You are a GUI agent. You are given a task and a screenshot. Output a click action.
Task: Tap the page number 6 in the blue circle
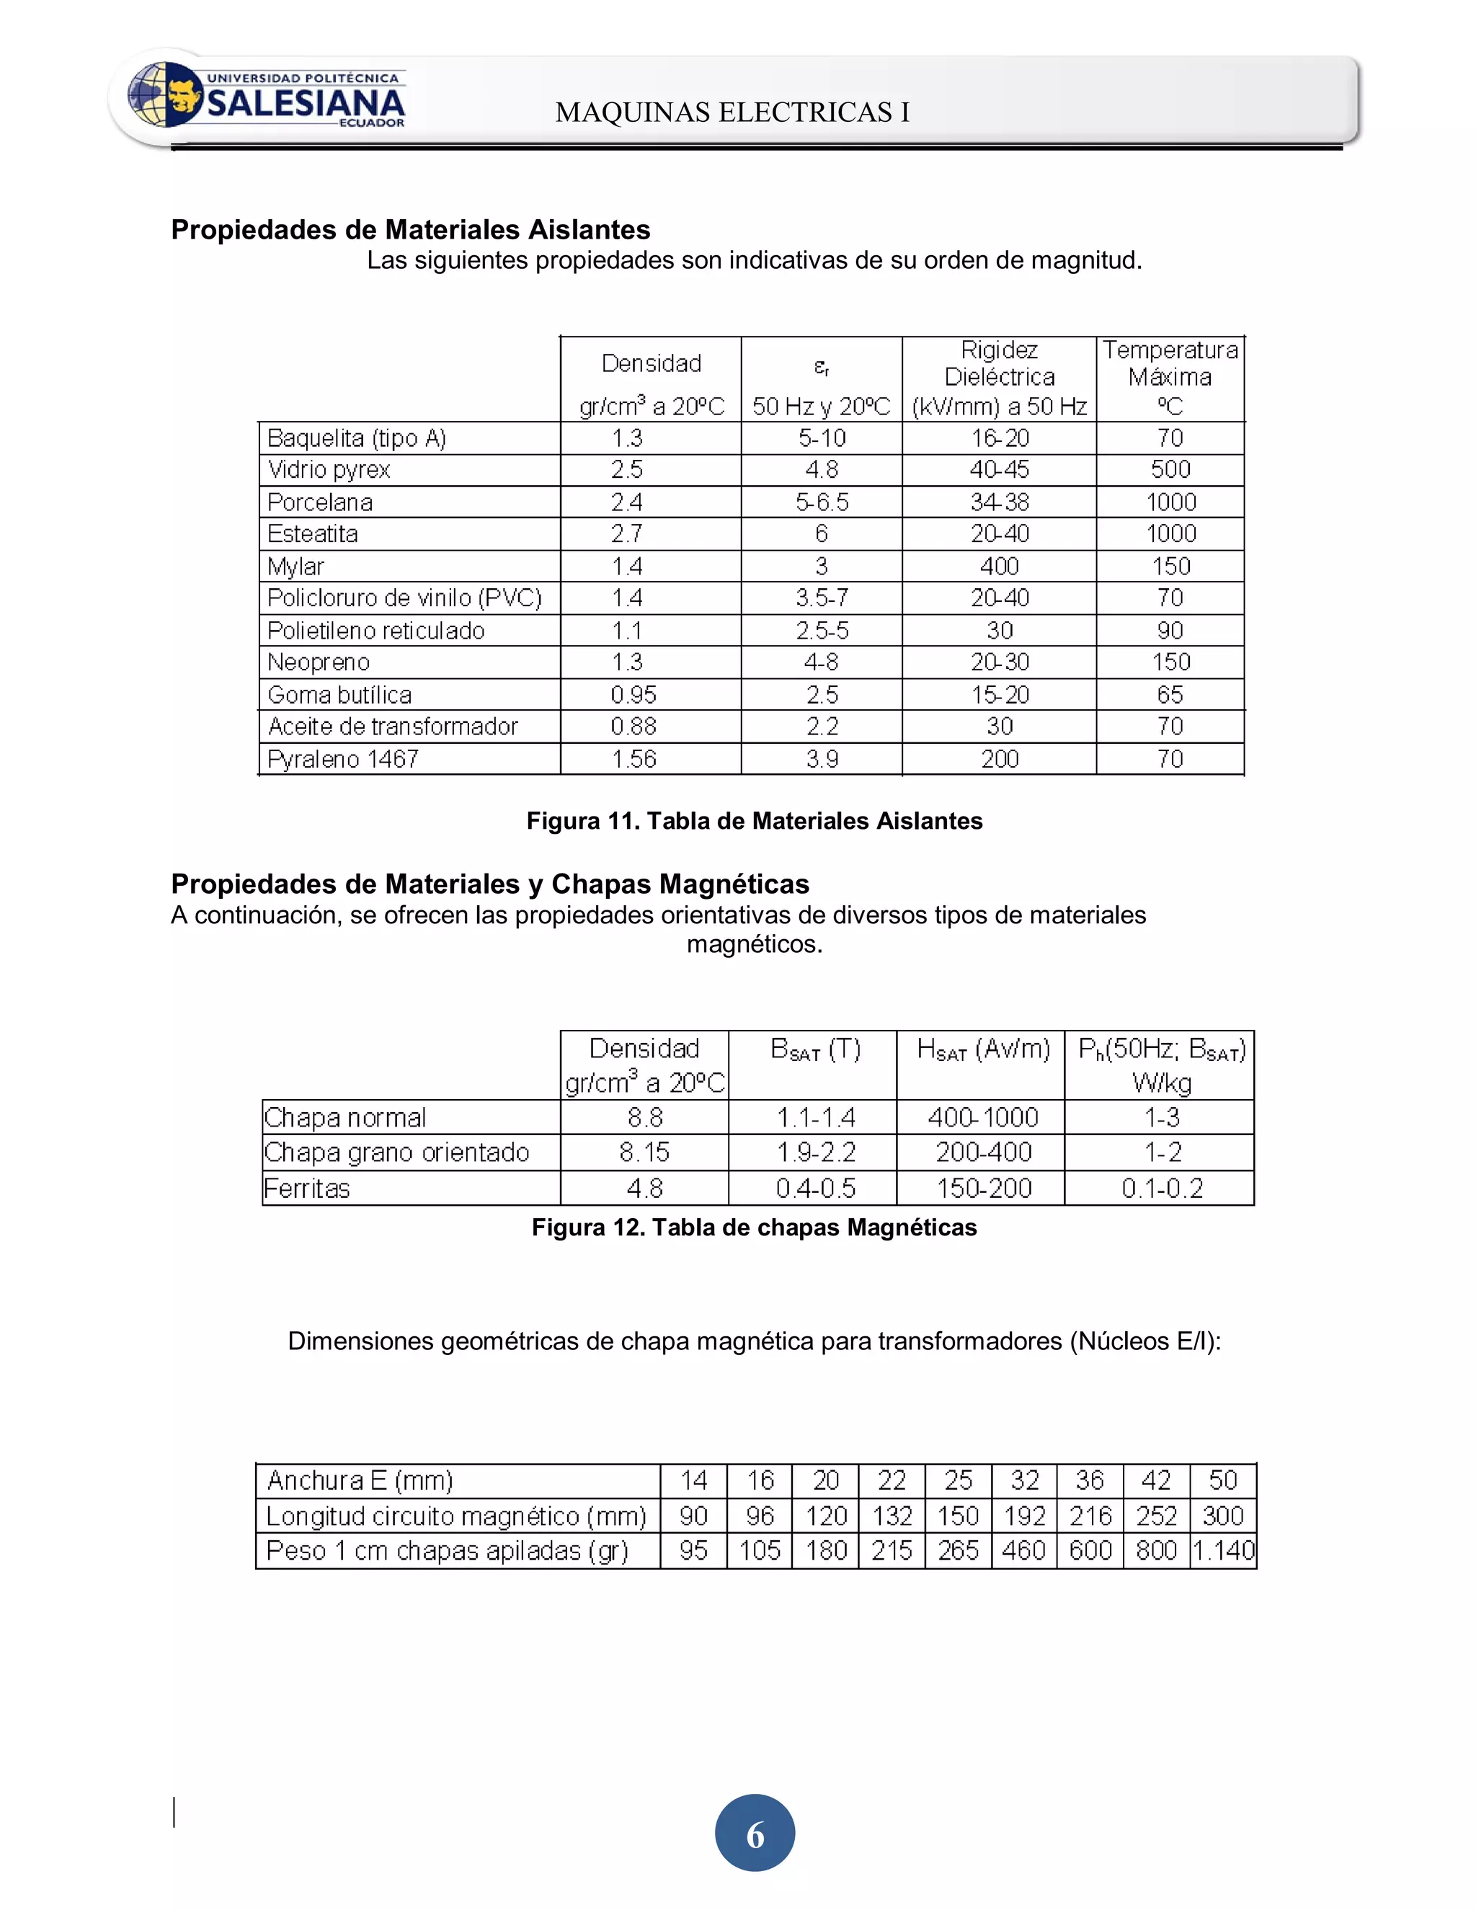(755, 1834)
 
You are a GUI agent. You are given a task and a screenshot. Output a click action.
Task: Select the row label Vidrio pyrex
(329, 471)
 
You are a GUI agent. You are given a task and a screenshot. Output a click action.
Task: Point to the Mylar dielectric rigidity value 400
(999, 567)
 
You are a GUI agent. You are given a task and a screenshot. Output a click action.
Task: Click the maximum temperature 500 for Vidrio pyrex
(1170, 471)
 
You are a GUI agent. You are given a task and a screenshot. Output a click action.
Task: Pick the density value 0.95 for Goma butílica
(633, 696)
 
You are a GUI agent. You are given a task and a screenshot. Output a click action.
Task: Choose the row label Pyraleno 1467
(343, 759)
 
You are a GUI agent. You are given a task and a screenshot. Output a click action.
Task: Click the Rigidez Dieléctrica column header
(999, 378)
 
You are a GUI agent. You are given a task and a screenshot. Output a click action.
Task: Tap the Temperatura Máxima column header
(1170, 378)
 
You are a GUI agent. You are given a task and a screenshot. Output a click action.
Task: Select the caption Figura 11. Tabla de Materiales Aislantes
(754, 821)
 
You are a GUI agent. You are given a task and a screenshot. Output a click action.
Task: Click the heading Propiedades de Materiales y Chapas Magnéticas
(489, 884)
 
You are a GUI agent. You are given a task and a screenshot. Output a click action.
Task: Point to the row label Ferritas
(307, 1189)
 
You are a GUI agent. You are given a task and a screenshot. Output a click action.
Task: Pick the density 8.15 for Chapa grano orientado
(644, 1152)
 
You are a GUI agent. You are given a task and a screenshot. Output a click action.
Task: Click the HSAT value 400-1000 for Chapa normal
(983, 1118)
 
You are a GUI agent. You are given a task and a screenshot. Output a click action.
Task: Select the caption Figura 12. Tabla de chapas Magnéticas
(754, 1228)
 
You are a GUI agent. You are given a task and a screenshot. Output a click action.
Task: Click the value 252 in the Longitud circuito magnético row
(1156, 1516)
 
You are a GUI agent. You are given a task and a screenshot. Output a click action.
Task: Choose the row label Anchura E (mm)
(360, 1480)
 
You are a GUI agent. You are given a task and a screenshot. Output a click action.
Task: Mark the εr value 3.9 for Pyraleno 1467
(821, 759)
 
